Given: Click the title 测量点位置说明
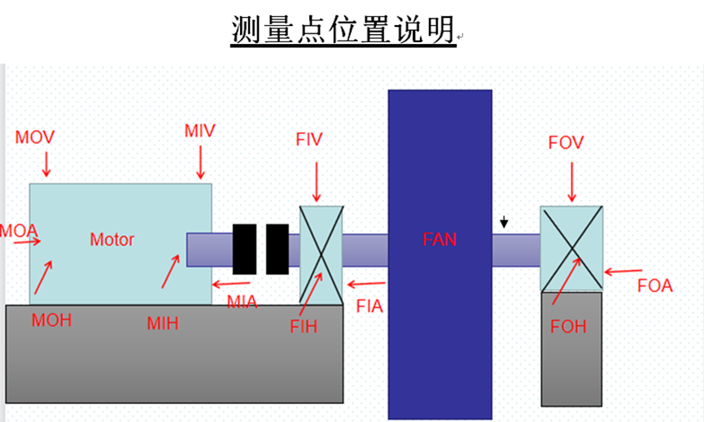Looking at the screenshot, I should pyautogui.click(x=343, y=30).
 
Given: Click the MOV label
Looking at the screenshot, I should pyautogui.click(x=35, y=137).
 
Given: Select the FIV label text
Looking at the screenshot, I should pyautogui.click(x=309, y=138).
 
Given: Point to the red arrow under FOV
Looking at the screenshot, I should pyautogui.click(x=572, y=181).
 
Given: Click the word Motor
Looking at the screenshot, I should pyautogui.click(x=112, y=239).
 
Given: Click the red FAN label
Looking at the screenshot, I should pyautogui.click(x=439, y=239).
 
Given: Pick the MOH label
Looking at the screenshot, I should pyautogui.click(x=51, y=320).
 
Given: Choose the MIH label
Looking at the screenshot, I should pyautogui.click(x=163, y=323).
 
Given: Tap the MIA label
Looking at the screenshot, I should pyautogui.click(x=242, y=303).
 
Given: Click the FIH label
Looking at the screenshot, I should pyautogui.click(x=304, y=327).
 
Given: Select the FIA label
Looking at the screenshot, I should pyautogui.click(x=369, y=307).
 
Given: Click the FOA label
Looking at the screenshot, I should pyautogui.click(x=655, y=286).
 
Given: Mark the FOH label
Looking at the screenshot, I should pyautogui.click(x=568, y=327).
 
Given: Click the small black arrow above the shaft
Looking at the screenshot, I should pyautogui.click(x=505, y=221).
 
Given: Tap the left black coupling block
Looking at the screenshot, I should pyautogui.click(x=245, y=248).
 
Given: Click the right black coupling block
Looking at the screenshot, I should pyautogui.click(x=278, y=248).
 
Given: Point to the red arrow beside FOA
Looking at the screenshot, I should pyautogui.click(x=623, y=271).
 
